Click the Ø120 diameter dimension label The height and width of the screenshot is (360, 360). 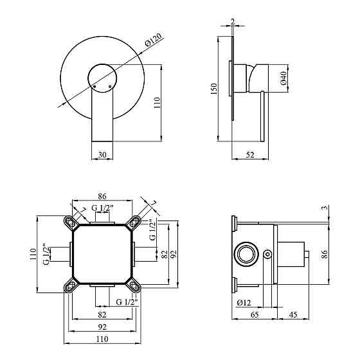pos(154,40)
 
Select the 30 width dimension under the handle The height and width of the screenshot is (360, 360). pos(102,154)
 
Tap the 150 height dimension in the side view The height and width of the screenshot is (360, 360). pos(213,89)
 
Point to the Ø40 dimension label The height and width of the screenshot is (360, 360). pos(283,78)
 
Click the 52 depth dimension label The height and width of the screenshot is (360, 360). pos(250,154)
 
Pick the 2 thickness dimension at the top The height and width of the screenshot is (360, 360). pos(233,22)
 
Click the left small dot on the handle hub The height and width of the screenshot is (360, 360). pos(94,86)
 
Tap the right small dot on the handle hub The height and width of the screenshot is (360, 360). pos(110,87)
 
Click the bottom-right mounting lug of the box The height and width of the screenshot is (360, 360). pos(134,285)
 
